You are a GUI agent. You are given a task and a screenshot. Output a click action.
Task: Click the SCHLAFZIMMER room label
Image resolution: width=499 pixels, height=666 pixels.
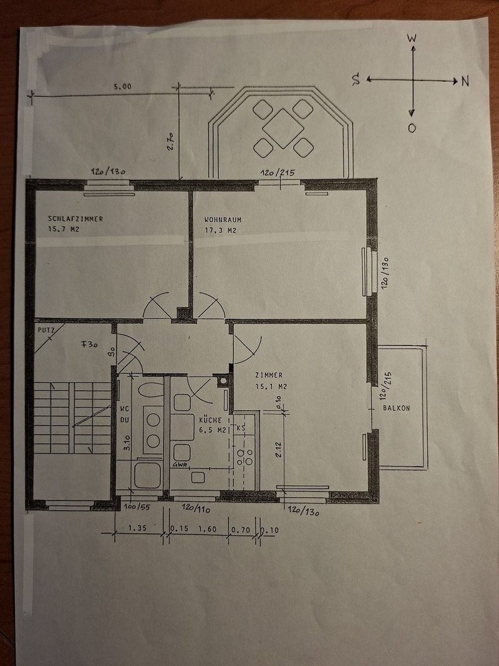pyautogui.click(x=75, y=218)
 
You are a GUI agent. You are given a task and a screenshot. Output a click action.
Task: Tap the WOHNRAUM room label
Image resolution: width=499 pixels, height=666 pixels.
pyautogui.click(x=223, y=220)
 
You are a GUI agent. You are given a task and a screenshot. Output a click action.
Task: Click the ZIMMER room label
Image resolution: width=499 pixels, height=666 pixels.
pyautogui.click(x=269, y=375)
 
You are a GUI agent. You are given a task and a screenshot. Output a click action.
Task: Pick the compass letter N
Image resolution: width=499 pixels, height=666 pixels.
pyautogui.click(x=465, y=81)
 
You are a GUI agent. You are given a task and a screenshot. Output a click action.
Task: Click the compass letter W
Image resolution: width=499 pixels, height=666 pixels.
pyautogui.click(x=412, y=38)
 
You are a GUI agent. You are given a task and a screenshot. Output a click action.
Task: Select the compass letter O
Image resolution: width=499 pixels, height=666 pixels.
pyautogui.click(x=412, y=128)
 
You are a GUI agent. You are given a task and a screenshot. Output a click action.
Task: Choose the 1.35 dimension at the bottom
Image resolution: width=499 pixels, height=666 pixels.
pyautogui.click(x=137, y=529)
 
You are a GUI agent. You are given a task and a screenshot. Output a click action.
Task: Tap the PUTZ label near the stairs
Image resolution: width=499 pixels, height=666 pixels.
pyautogui.click(x=45, y=328)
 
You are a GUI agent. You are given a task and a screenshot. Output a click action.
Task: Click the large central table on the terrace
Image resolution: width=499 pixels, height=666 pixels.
pyautogui.click(x=283, y=128)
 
